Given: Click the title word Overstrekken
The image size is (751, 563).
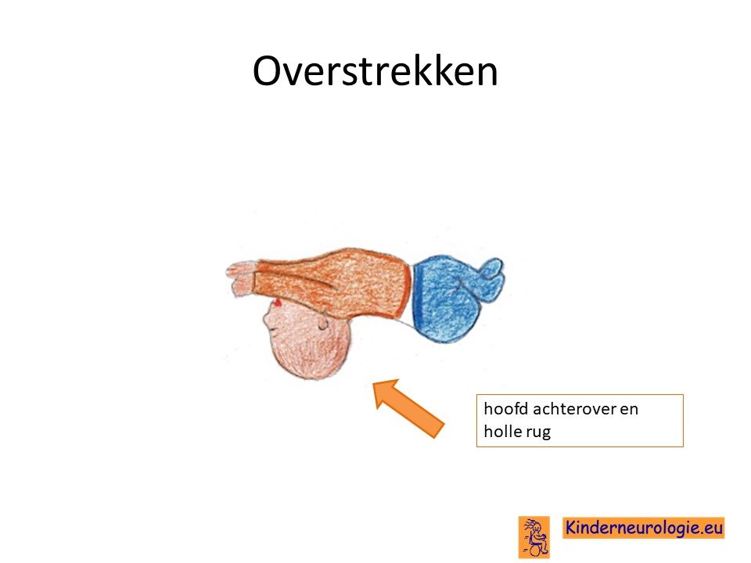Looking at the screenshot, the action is [375, 71].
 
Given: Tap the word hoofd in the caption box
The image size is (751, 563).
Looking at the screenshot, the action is [506, 409].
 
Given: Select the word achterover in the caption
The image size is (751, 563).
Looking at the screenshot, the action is [574, 409].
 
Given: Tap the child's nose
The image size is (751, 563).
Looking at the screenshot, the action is [266, 318].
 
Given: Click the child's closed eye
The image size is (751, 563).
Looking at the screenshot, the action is [273, 330].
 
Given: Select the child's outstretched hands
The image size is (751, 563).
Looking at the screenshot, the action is [241, 278].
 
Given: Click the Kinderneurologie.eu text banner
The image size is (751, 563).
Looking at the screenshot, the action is [643, 528].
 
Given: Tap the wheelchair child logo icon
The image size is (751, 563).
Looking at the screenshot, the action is [534, 537].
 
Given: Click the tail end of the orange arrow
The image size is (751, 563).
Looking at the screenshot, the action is [438, 430].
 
